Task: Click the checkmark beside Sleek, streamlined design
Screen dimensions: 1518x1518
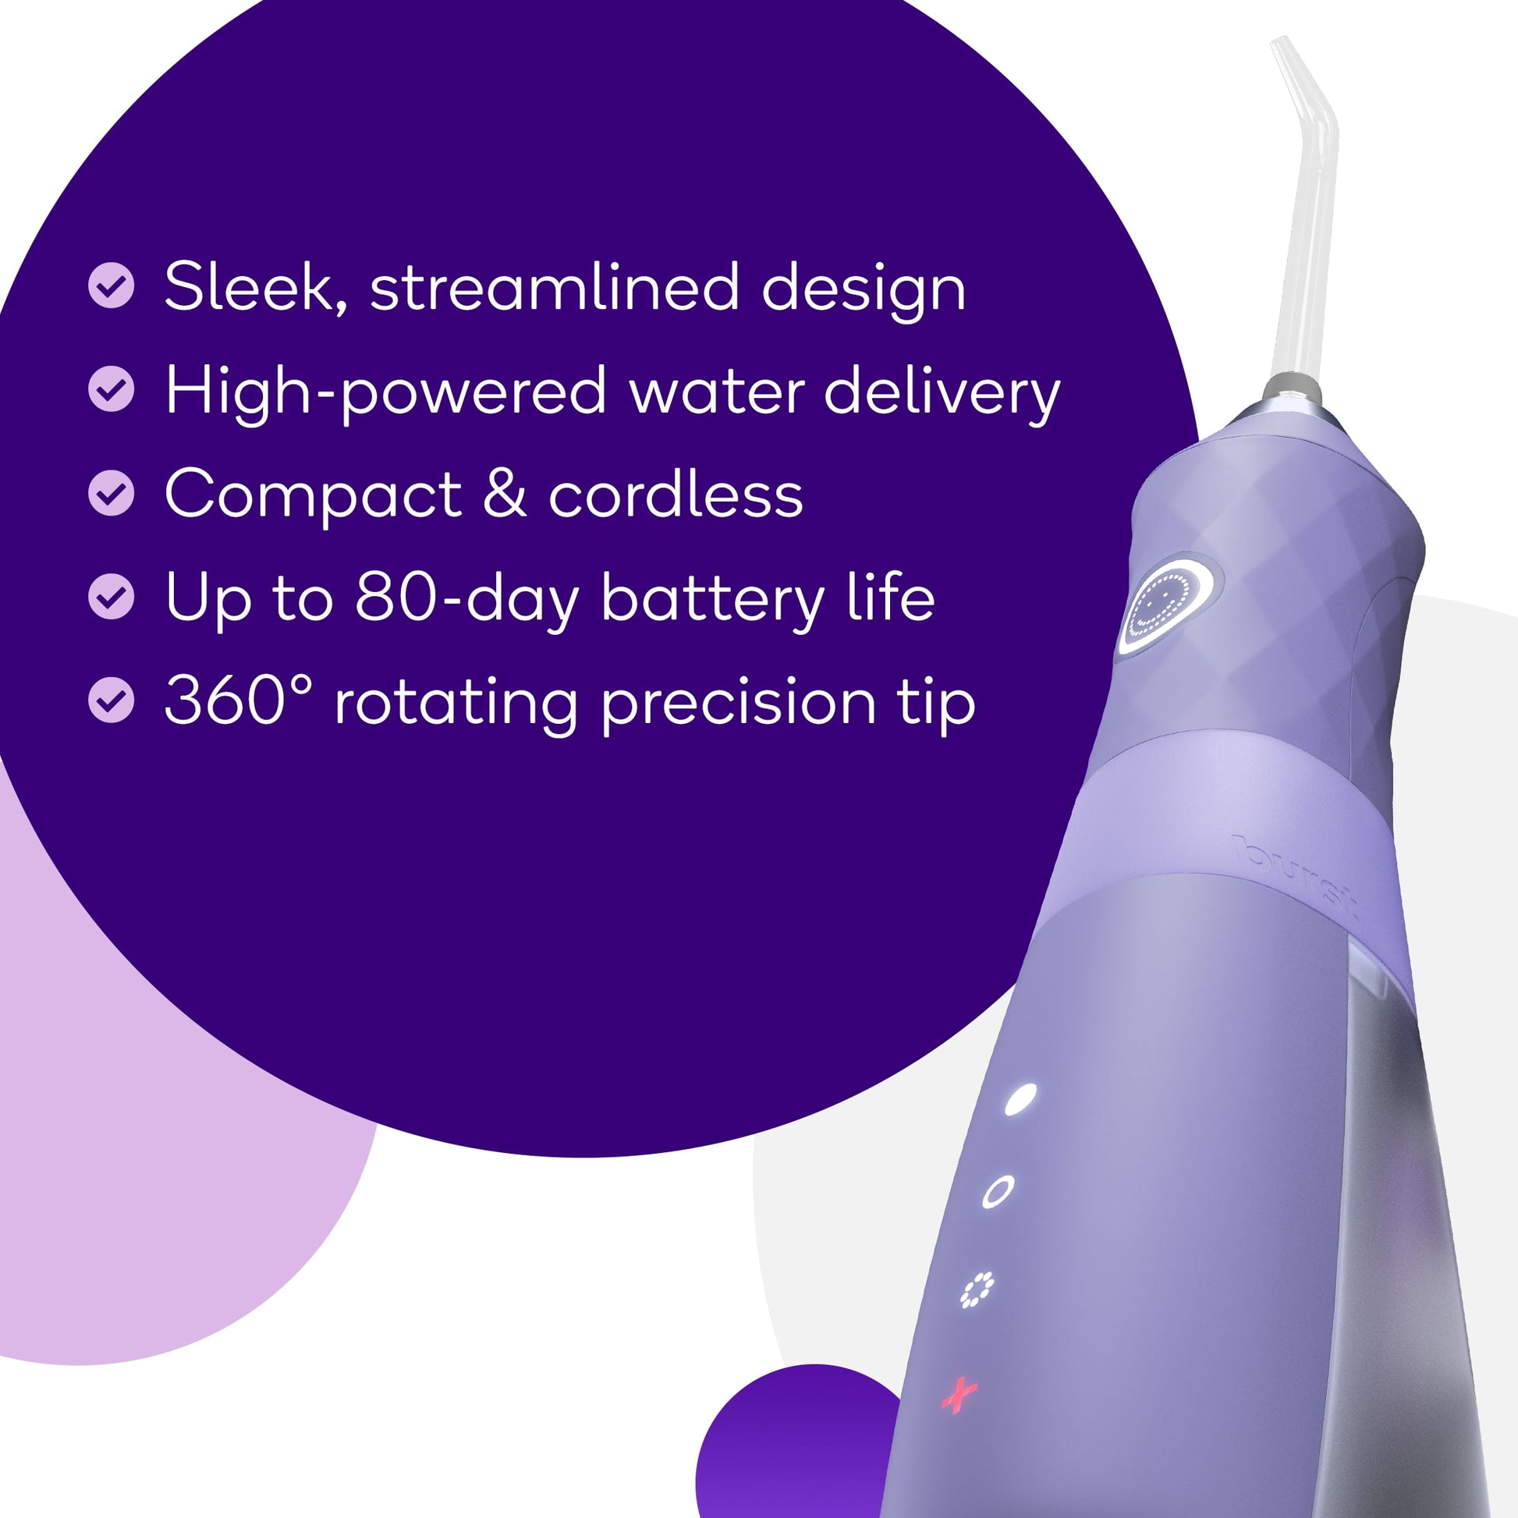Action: click(x=112, y=285)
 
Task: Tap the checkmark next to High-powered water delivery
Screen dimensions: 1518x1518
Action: click(x=112, y=388)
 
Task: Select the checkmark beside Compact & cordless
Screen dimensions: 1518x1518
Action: click(x=112, y=493)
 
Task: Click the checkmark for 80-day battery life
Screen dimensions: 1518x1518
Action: click(x=112, y=596)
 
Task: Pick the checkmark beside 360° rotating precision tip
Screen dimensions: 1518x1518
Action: click(x=112, y=700)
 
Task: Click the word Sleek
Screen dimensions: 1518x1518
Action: click(x=256, y=289)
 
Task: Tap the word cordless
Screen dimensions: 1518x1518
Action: click(x=676, y=495)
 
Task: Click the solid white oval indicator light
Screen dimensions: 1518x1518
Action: click(x=1020, y=1098)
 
